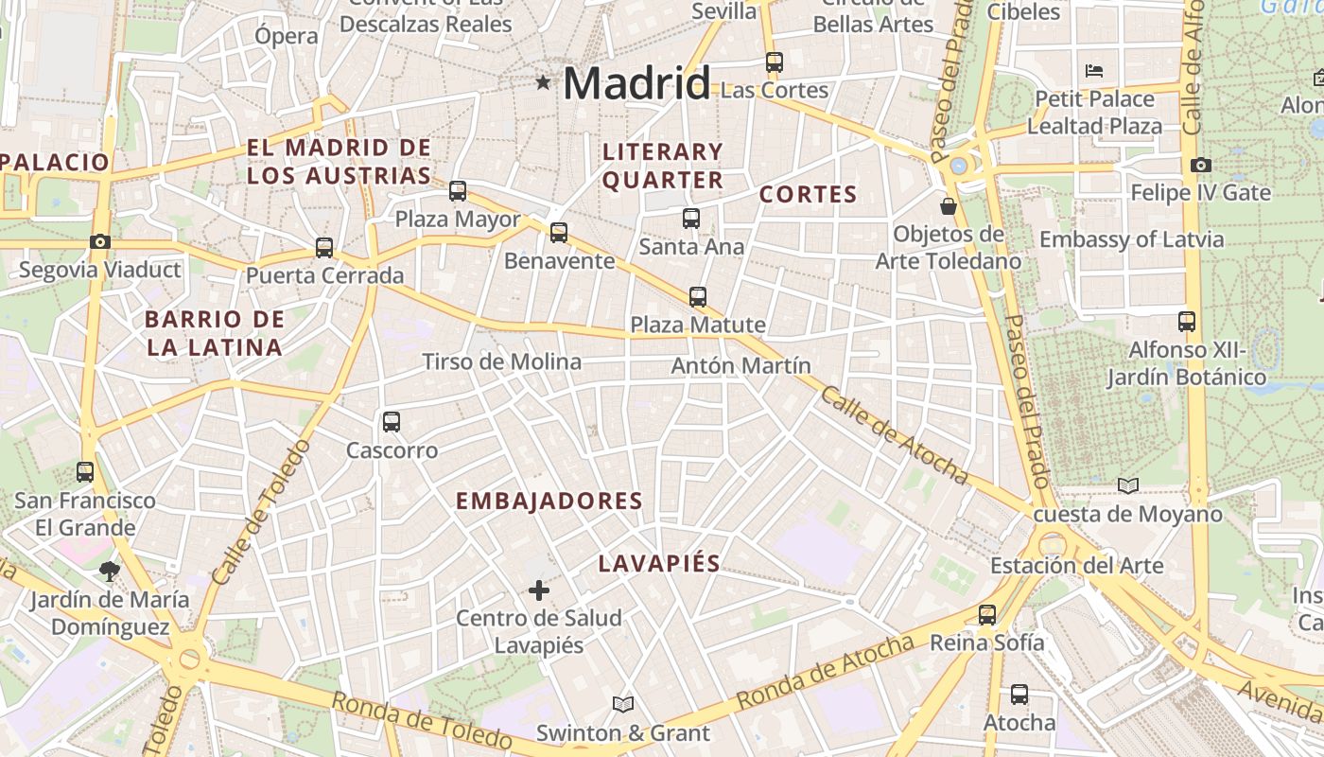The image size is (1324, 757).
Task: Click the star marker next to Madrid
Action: click(x=543, y=83)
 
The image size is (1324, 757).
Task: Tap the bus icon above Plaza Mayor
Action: click(x=458, y=191)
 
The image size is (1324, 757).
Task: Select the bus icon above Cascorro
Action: click(x=392, y=422)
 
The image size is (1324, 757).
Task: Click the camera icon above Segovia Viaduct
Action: click(x=100, y=241)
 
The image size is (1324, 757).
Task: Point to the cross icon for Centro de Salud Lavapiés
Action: click(x=539, y=591)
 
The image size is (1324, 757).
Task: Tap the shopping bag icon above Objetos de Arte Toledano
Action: click(x=948, y=205)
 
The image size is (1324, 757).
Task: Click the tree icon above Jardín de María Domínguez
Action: click(x=110, y=571)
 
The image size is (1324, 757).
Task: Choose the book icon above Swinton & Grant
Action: click(x=622, y=704)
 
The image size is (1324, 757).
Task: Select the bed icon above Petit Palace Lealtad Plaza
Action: click(x=1094, y=71)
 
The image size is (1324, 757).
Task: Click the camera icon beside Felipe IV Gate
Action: click(x=1201, y=165)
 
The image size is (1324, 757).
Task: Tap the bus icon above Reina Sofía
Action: click(x=987, y=615)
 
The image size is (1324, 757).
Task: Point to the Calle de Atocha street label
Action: click(x=894, y=435)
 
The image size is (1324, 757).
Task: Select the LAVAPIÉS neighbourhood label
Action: click(x=659, y=564)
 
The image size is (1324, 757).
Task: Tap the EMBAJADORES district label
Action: click(x=549, y=502)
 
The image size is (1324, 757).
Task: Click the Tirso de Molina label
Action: click(x=501, y=361)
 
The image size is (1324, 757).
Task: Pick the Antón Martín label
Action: click(x=741, y=365)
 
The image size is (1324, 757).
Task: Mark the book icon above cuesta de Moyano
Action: click(x=1128, y=485)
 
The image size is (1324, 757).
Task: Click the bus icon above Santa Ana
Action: click(x=691, y=219)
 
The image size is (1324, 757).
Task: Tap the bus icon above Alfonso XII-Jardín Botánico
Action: click(x=1187, y=322)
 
